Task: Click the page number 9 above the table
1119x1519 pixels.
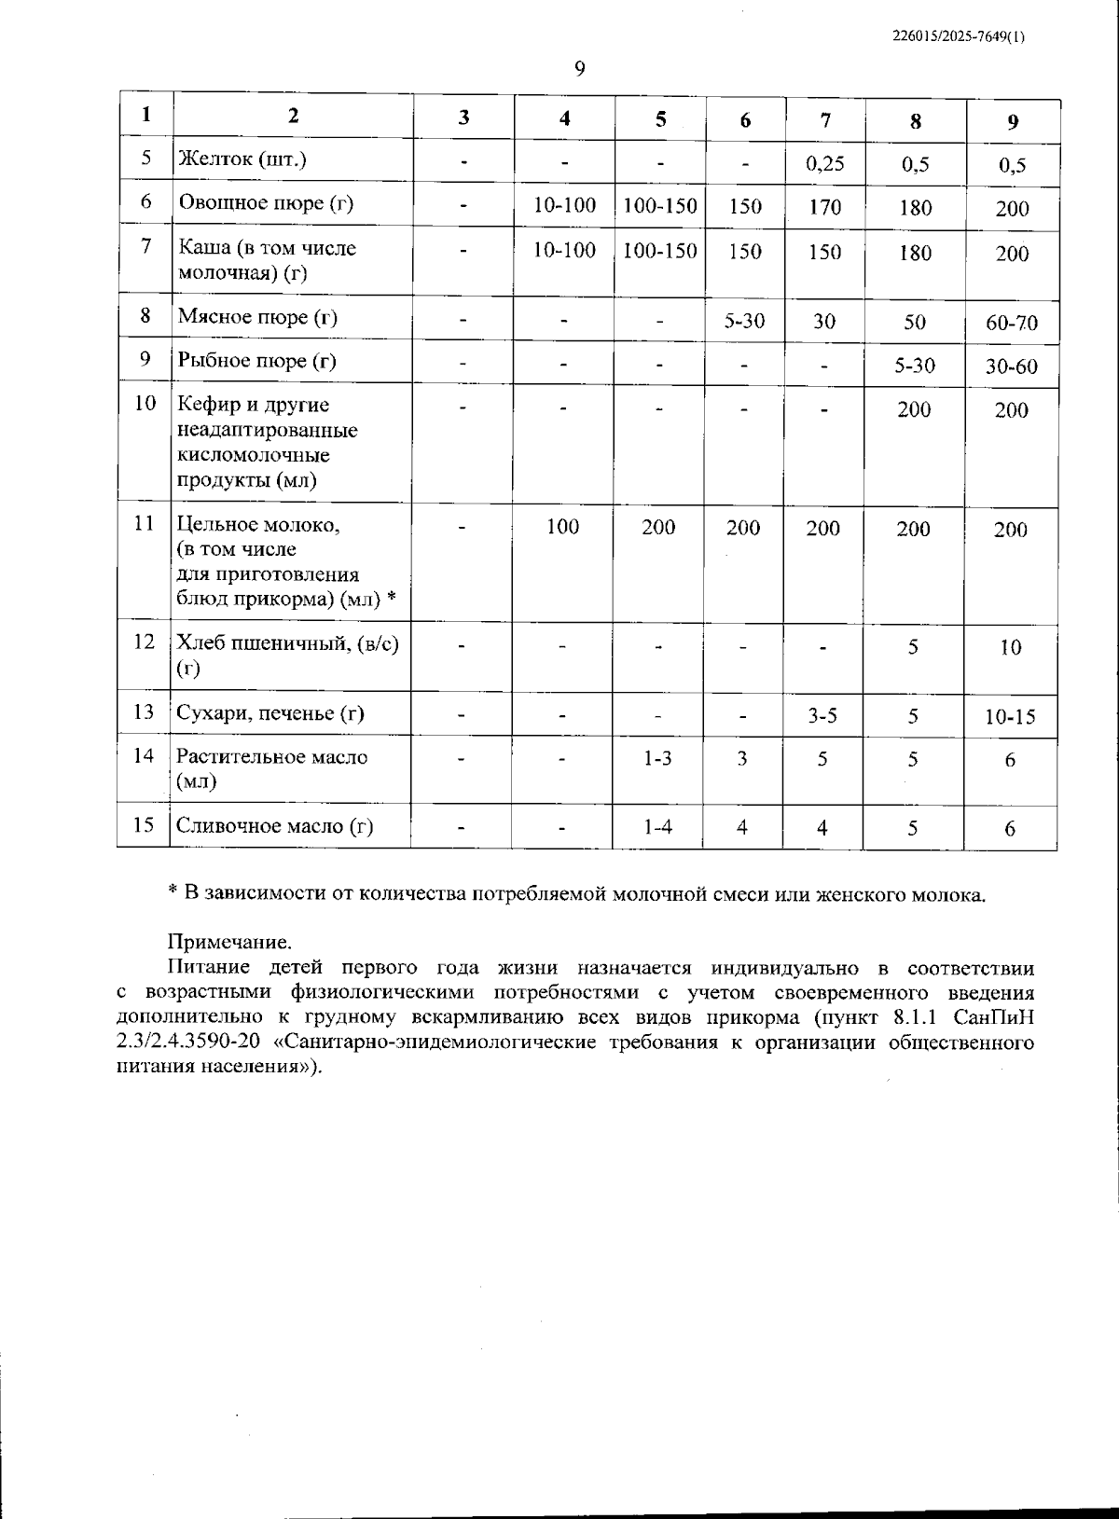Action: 579,68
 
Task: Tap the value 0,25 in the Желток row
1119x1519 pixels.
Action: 824,163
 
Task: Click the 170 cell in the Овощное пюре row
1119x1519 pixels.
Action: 824,207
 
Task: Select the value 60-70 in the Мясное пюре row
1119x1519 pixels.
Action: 1012,324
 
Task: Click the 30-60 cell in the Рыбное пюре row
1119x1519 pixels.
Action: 1012,366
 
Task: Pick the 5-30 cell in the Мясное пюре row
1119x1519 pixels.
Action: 744,322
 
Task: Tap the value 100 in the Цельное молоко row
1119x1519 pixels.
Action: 562,527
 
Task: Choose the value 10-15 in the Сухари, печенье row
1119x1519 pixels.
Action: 1010,718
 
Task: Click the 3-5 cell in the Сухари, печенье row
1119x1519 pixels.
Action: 822,715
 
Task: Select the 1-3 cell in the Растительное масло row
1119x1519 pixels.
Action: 657,759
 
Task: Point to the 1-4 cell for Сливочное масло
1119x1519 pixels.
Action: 657,827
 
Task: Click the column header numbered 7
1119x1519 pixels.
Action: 825,119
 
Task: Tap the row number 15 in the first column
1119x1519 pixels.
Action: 144,825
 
